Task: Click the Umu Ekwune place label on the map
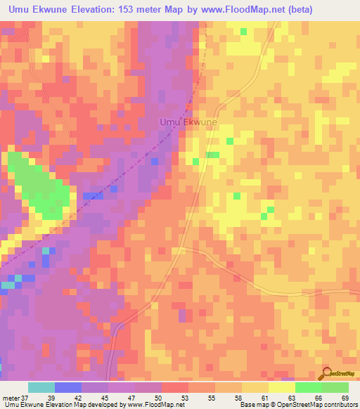188,122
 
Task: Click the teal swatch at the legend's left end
41,387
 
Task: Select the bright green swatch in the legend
309,387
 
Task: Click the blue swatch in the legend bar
68,387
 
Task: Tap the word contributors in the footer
340,405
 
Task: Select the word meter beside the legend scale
11,398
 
